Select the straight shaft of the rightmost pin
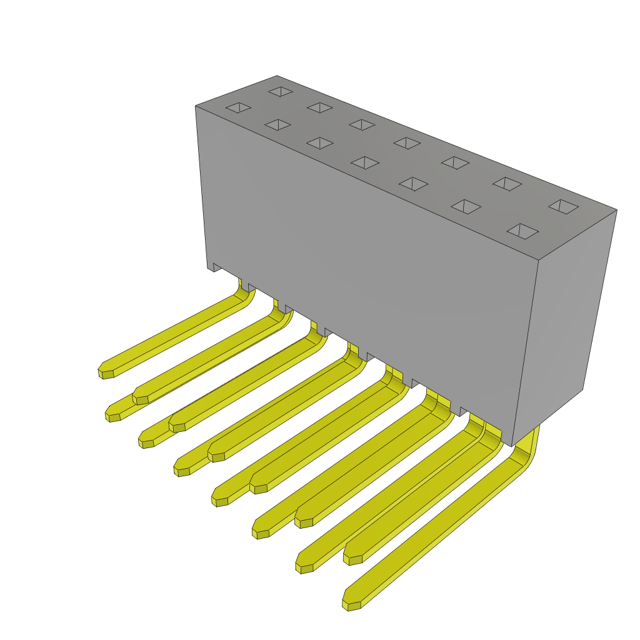437,531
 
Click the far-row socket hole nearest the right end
563,206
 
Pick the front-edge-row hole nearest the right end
522,231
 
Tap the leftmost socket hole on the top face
238,107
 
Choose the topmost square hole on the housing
281,91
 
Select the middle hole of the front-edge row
365,162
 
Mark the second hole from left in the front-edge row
277,125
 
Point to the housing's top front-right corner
538,260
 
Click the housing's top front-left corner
196,106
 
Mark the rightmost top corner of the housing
617,210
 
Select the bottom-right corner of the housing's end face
582,390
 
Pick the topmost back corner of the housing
277,76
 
